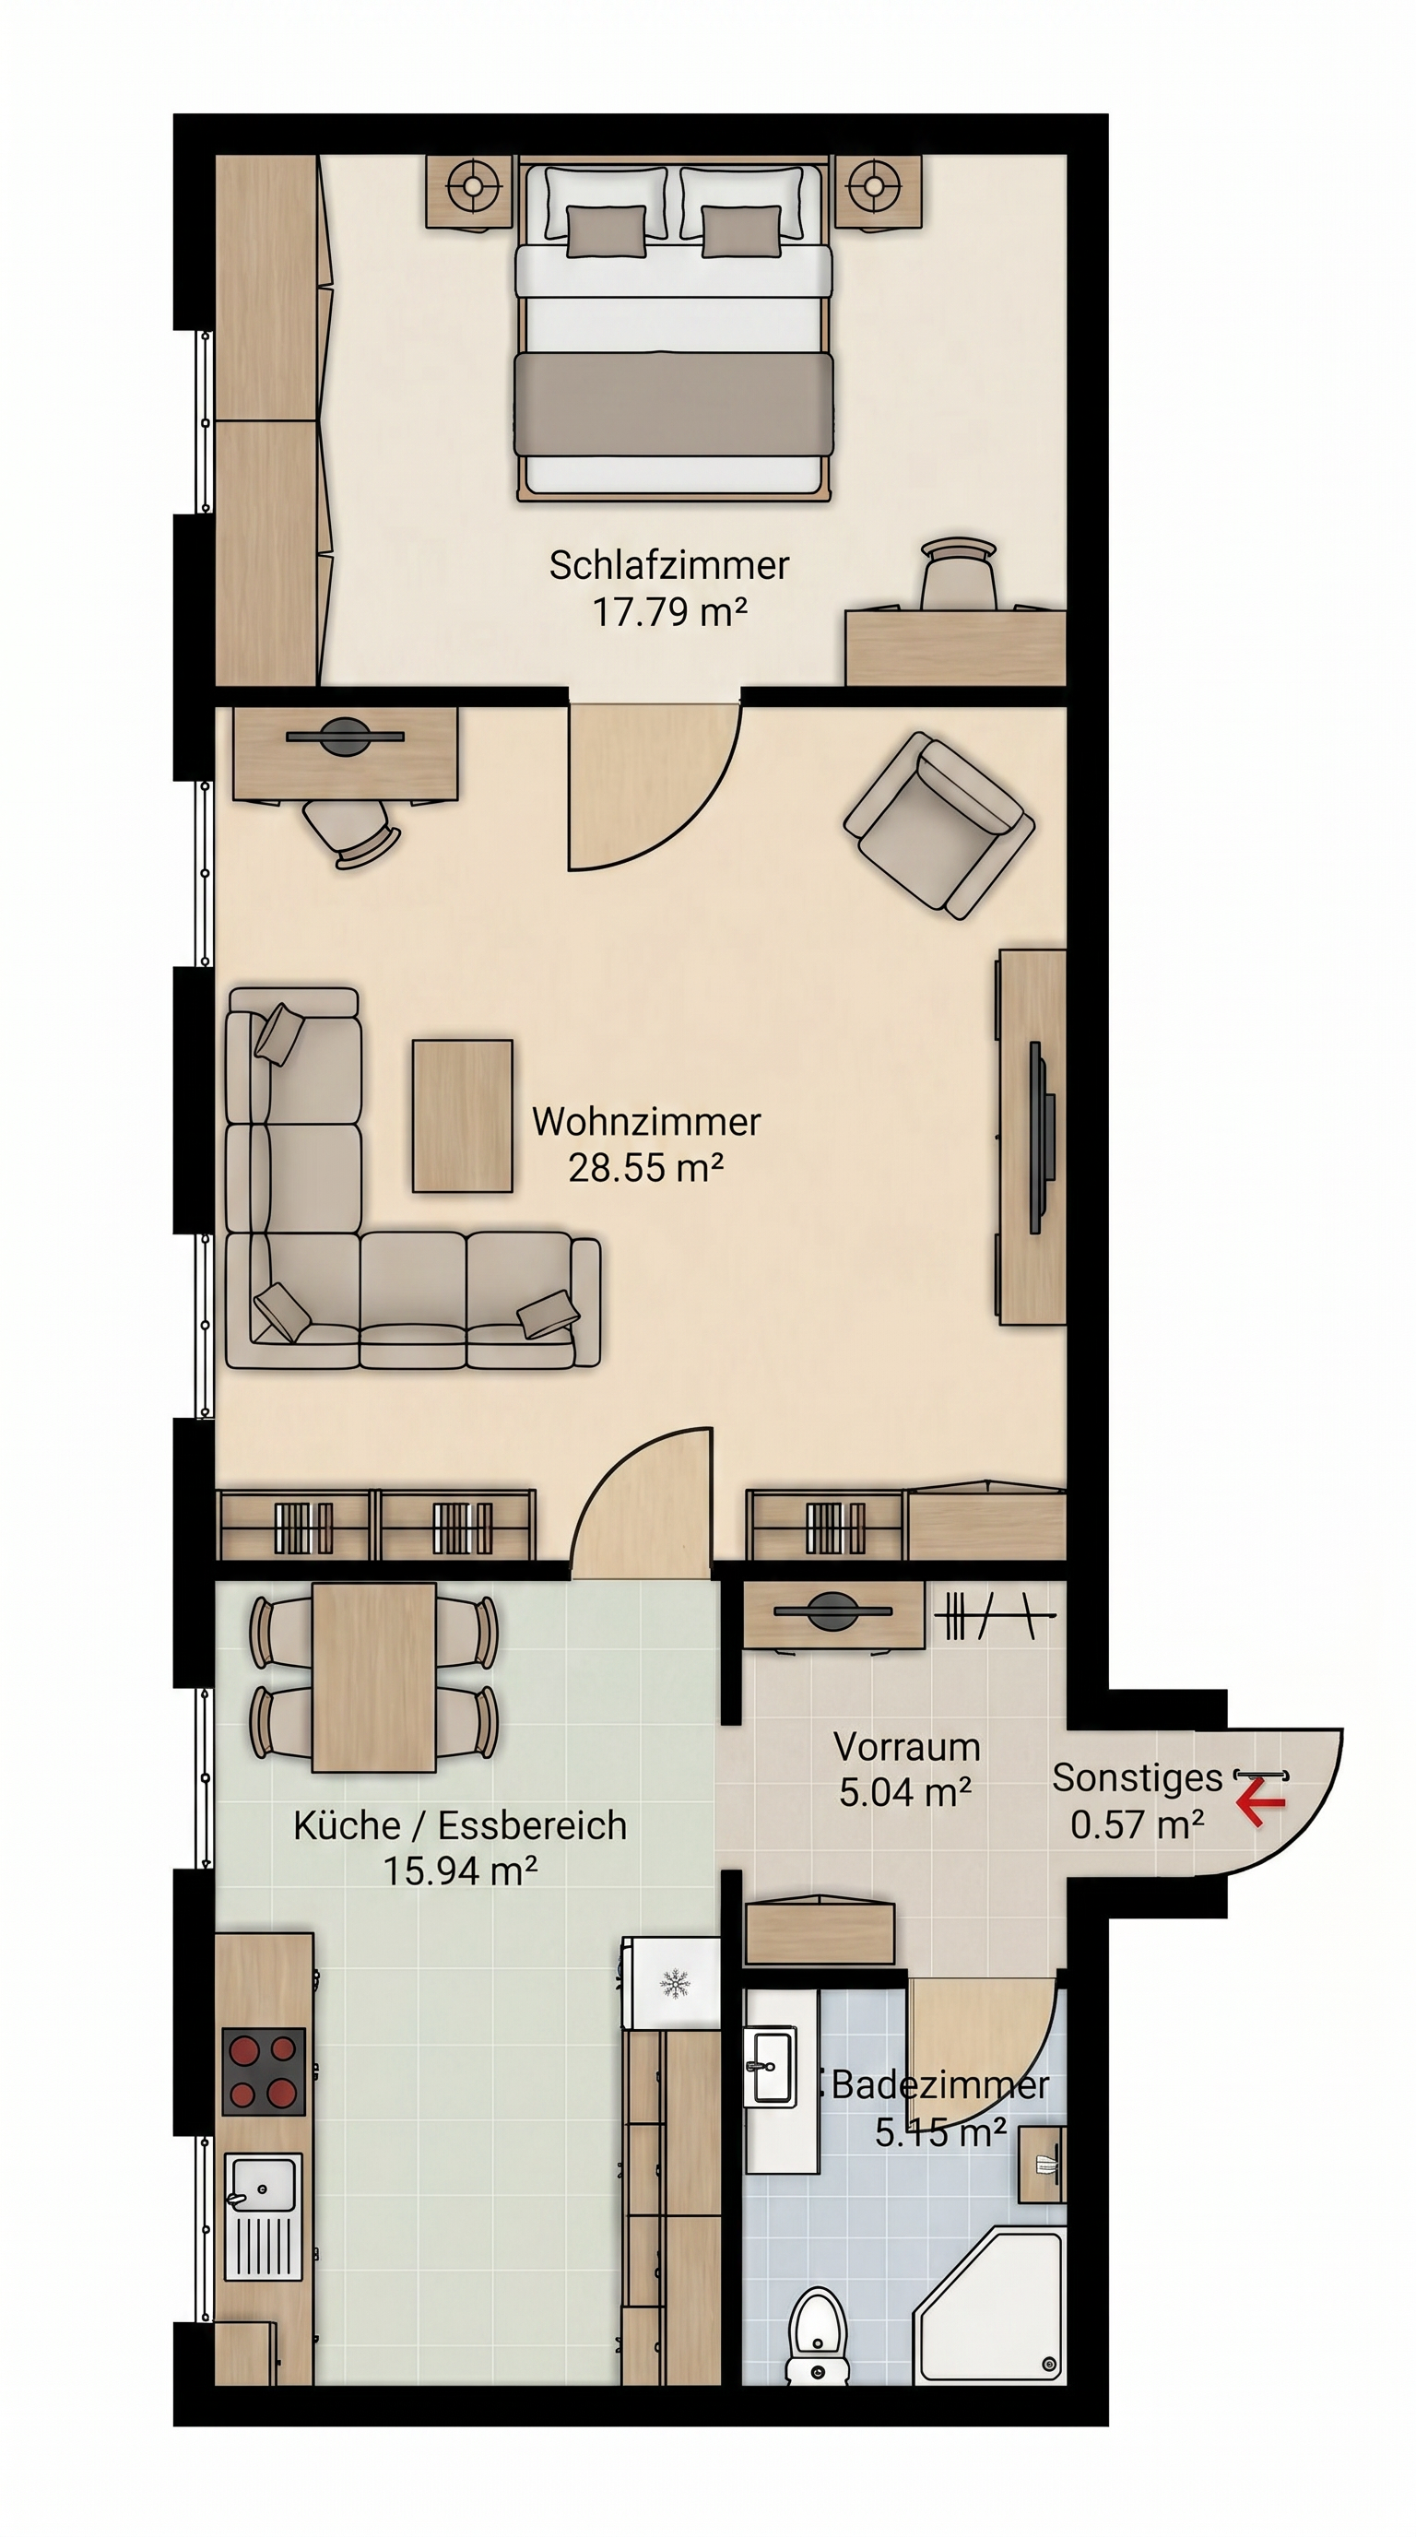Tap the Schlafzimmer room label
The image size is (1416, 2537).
tap(668, 565)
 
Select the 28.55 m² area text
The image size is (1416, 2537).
tap(646, 1167)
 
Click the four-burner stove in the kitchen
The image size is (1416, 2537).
tap(263, 2071)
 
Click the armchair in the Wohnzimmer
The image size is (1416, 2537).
tap(938, 825)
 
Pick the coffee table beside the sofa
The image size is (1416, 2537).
tap(462, 1115)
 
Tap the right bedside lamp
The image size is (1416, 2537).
tap(869, 184)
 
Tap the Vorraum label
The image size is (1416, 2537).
tap(907, 1747)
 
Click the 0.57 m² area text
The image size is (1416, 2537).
tap(1138, 1825)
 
